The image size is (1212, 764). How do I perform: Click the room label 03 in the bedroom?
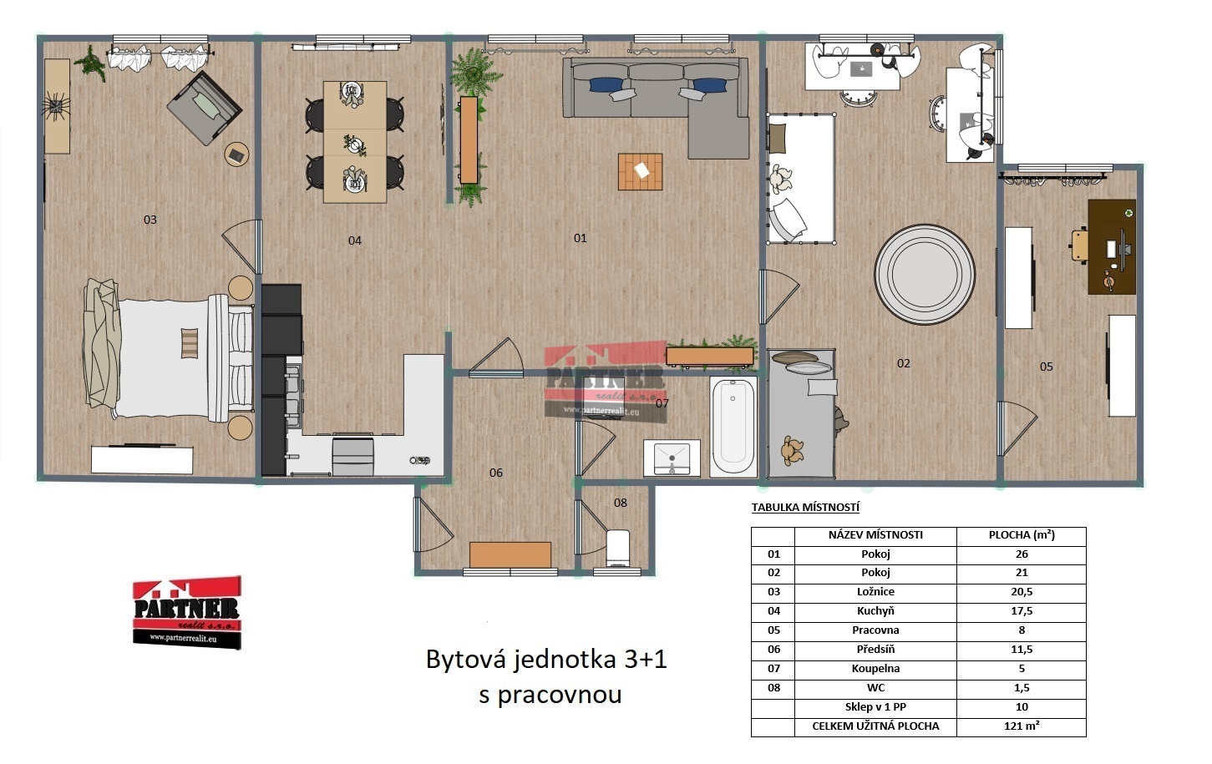(x=150, y=220)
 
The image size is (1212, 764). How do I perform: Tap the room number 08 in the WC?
(x=620, y=503)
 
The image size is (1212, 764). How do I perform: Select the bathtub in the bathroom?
(x=733, y=427)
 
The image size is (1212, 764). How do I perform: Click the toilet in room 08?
(x=618, y=548)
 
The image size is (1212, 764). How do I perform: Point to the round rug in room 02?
(x=925, y=274)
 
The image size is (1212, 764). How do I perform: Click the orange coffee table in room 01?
(x=640, y=171)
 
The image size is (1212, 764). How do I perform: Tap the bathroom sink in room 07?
(x=672, y=458)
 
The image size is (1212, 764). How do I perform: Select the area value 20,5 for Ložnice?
(x=1022, y=591)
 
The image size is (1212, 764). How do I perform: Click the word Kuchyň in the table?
(x=875, y=611)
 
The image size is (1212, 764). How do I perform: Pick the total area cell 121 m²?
(x=1022, y=726)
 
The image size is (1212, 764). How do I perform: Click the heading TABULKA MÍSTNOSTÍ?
(x=805, y=507)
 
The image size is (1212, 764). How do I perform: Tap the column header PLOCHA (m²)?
(x=1022, y=534)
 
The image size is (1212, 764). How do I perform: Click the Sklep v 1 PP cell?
(x=875, y=706)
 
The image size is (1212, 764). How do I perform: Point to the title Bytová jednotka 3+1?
(x=546, y=660)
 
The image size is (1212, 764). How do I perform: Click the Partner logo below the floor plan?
(x=186, y=612)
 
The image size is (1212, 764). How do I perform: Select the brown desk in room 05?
(x=1112, y=247)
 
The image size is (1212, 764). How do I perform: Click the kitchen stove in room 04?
(x=352, y=457)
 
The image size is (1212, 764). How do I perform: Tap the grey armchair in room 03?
(x=204, y=108)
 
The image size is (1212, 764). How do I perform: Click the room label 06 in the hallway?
(x=495, y=473)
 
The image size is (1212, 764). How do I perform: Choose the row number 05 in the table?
(x=773, y=630)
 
